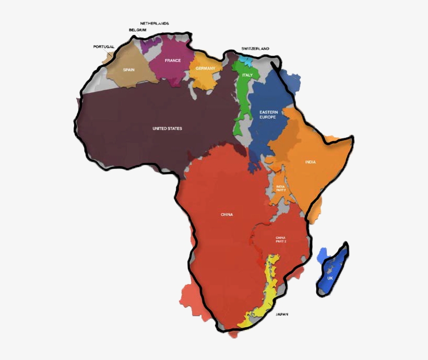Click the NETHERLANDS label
click(154, 24)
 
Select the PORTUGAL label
click(103, 47)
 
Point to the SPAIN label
click(128, 69)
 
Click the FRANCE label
click(173, 61)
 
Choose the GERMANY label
click(205, 68)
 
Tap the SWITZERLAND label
click(255, 49)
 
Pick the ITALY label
click(247, 75)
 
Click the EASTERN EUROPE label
click(268, 114)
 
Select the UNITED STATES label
click(167, 129)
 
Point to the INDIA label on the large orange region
click(310, 162)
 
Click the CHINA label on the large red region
click(227, 214)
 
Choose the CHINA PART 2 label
click(281, 239)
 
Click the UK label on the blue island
click(330, 278)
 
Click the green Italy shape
click(241, 104)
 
